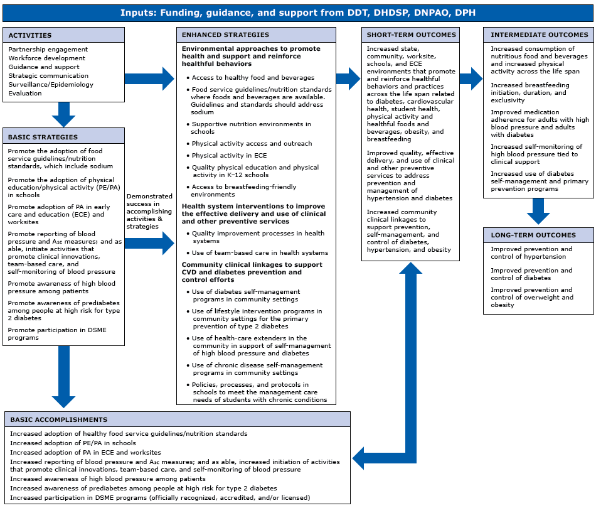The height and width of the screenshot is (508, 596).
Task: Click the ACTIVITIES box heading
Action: point(30,35)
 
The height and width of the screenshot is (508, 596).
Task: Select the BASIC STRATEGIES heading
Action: point(43,136)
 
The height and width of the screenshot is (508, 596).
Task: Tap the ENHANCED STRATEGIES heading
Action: point(225,35)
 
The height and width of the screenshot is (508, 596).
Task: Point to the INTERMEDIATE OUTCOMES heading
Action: point(538,35)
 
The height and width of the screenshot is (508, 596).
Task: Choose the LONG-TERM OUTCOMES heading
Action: point(533,235)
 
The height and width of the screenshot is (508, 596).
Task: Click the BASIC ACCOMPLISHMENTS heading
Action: point(58,419)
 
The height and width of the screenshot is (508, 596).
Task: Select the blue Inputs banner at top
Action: point(297,12)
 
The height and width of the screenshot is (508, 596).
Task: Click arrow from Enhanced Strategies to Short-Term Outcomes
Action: point(348,78)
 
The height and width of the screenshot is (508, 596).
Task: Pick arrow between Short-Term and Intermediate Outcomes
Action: point(471,78)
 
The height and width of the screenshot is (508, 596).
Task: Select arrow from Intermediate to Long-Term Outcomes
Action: point(538,211)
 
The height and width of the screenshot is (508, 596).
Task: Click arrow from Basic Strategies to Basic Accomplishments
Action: point(63,377)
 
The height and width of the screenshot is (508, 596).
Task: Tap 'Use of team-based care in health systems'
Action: point(260,252)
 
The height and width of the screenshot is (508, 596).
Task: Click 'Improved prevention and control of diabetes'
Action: point(531,274)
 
